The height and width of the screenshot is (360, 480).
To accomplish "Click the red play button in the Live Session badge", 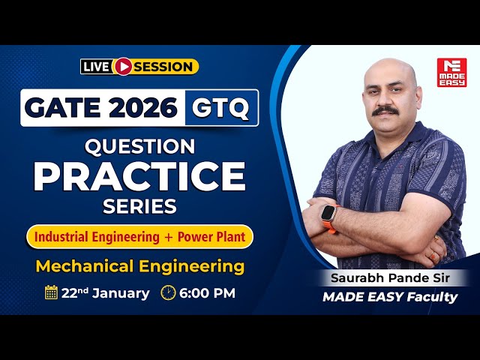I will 123,67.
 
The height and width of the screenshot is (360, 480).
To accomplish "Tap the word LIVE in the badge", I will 96,67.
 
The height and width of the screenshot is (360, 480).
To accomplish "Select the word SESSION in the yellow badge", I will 163,67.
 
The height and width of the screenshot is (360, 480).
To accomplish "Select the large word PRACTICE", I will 139,175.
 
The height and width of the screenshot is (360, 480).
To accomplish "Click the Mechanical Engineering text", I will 140,265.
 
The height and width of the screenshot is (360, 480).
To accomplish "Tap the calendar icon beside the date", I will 51,292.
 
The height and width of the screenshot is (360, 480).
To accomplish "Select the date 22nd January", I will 105,292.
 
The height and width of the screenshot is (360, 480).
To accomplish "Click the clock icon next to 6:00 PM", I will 169,292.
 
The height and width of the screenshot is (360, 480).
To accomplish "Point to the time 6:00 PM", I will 206,292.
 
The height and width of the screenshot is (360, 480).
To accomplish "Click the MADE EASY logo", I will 451,72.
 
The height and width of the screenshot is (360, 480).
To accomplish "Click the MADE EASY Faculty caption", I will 390,297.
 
